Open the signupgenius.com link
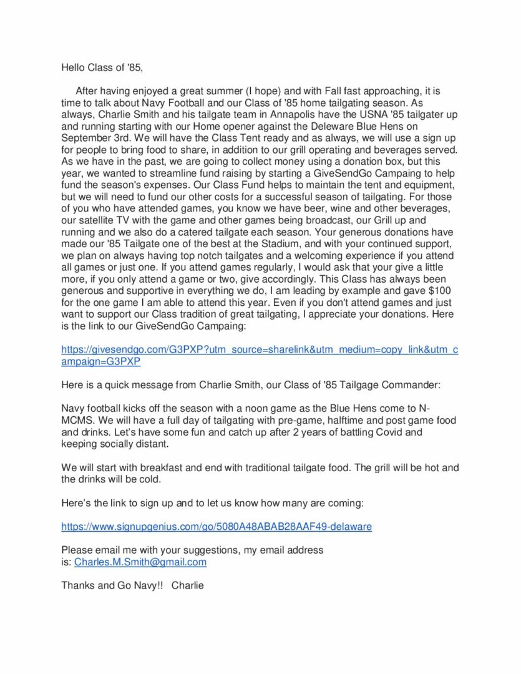click(x=216, y=527)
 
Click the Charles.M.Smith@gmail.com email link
click(x=140, y=562)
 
